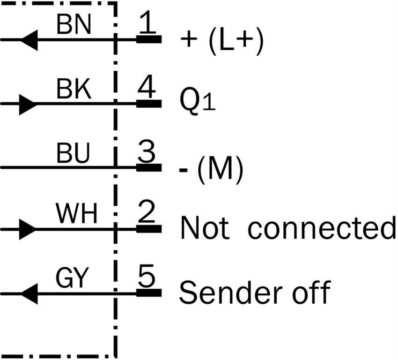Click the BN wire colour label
[74, 24]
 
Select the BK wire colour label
[74, 89]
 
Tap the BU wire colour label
[73, 153]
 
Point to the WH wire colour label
[77, 213]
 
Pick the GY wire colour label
[72, 277]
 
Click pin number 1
[147, 22]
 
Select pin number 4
[147, 87]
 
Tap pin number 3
[147, 152]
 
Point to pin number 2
[147, 212]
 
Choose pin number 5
[147, 276]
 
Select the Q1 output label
[198, 102]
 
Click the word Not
[205, 227]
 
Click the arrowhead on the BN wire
[29, 40]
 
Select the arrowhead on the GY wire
[29, 294]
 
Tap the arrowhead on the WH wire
[28, 229]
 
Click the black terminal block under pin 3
[149, 167]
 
